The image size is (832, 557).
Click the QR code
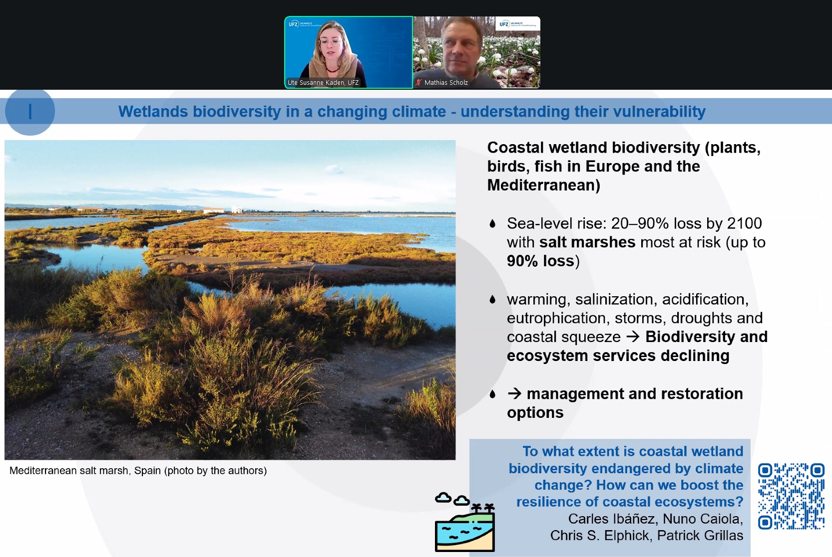[x=791, y=496]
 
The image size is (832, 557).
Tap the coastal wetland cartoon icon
[x=464, y=522]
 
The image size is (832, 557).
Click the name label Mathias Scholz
[x=445, y=83]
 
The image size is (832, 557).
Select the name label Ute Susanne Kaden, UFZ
[x=323, y=83]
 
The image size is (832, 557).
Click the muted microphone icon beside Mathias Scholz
[x=418, y=82]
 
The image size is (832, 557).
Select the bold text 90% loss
[x=540, y=261]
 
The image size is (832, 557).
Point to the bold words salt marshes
[x=587, y=242]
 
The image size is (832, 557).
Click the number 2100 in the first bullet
[x=744, y=223]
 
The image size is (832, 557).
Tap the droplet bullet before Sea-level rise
[x=492, y=223]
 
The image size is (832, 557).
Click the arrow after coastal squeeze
[x=633, y=337]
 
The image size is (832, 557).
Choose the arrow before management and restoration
[x=514, y=393]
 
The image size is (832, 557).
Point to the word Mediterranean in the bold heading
[x=543, y=185]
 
